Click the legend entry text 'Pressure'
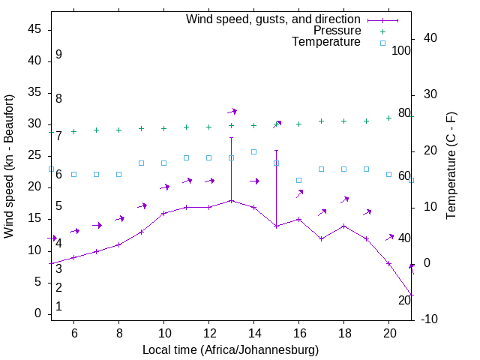coord(337,31)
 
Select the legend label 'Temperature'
coord(326,42)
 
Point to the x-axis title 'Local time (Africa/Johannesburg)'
coord(230,350)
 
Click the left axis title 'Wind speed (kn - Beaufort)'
coord(9,166)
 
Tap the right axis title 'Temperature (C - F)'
coord(451,166)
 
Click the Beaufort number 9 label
coord(58,55)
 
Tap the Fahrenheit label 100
coord(402,51)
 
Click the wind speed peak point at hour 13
coord(231,200)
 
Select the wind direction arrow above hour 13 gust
coord(232,111)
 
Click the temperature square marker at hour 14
coord(253,151)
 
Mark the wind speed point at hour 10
coord(163,213)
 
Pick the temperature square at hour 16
coord(298,180)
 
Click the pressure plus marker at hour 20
coord(388,118)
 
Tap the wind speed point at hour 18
coord(343,226)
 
